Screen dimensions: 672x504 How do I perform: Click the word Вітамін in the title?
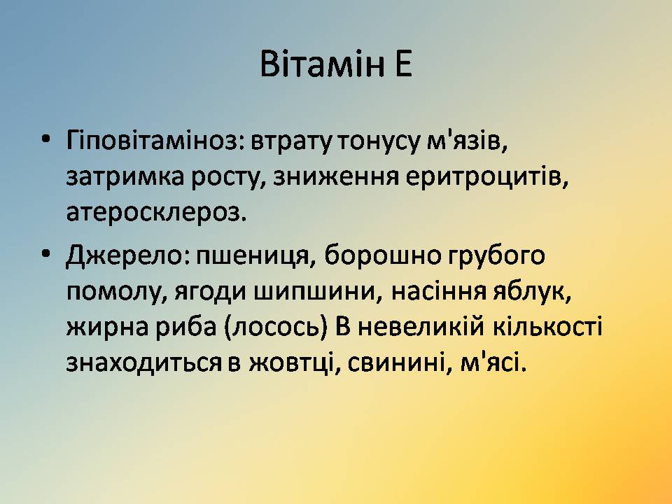pyautogui.click(x=322, y=64)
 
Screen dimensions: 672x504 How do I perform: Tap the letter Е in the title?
pyautogui.click(x=404, y=64)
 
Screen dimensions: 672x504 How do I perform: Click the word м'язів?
pyautogui.click(x=467, y=141)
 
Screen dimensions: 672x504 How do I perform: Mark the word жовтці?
pyautogui.click(x=292, y=364)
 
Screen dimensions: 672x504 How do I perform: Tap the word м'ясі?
pyautogui.click(x=492, y=363)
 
